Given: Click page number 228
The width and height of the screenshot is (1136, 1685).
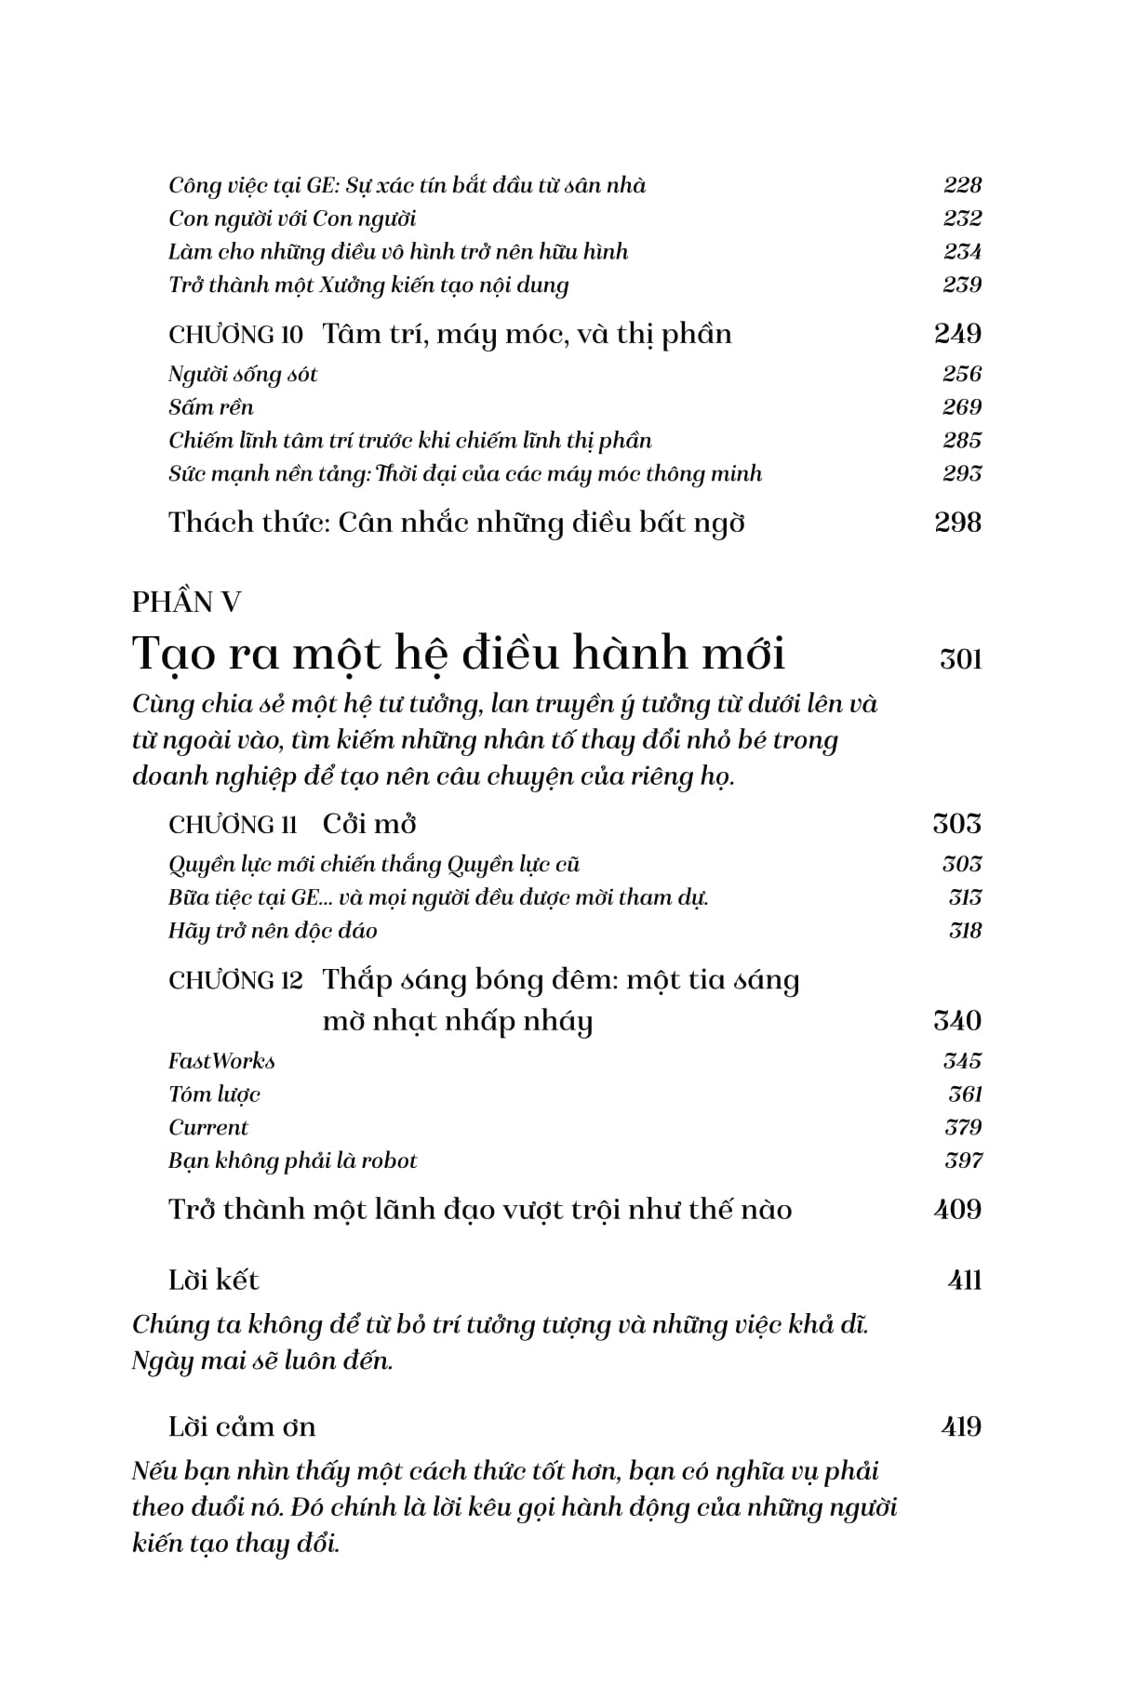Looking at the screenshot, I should pyautogui.click(x=962, y=185).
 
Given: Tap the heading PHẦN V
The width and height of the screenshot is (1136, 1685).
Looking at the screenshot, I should pyautogui.click(x=186, y=603).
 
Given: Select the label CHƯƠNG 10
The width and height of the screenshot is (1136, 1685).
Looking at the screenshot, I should pyautogui.click(x=235, y=335).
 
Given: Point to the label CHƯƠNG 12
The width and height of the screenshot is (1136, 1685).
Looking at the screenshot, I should pyautogui.click(x=235, y=981).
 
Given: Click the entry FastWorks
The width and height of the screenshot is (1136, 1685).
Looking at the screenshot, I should pyautogui.click(x=221, y=1061).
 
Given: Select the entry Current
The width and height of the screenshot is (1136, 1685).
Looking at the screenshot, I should pyautogui.click(x=208, y=1128).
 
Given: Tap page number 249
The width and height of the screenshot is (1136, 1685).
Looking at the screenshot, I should pyautogui.click(x=958, y=334).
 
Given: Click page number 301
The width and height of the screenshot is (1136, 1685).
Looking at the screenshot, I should pyautogui.click(x=960, y=659).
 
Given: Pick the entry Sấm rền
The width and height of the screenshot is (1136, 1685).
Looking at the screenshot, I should pyautogui.click(x=211, y=407).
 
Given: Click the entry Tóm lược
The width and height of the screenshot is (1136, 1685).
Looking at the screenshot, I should pyautogui.click(x=214, y=1095).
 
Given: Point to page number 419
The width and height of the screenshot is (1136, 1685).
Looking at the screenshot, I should pyautogui.click(x=961, y=1426).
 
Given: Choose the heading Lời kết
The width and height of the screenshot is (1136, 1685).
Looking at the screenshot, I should pyautogui.click(x=213, y=1280).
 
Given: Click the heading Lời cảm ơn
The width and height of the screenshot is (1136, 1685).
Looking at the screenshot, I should pyautogui.click(x=242, y=1426).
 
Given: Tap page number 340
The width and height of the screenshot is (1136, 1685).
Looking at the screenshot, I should pyautogui.click(x=957, y=1021).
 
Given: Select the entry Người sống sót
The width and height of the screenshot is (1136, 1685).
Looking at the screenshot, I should pyautogui.click(x=243, y=375).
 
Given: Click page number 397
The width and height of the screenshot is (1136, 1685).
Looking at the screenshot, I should pyautogui.click(x=963, y=1161).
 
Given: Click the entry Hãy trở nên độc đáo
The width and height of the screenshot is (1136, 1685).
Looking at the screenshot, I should pyautogui.click(x=273, y=931).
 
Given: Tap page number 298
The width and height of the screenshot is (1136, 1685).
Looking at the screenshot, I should pyautogui.click(x=957, y=523).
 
